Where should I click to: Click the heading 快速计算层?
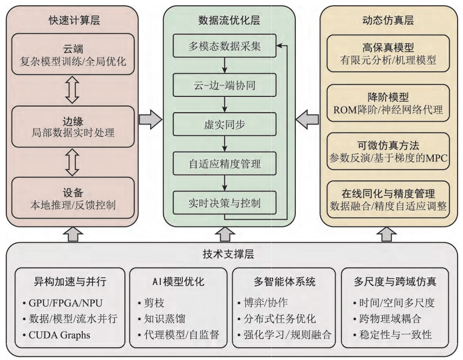[x=74, y=20]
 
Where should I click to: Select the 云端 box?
[x=73, y=54]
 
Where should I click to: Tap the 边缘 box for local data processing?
[x=73, y=126]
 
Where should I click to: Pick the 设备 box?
[x=73, y=198]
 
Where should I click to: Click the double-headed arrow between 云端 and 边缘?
[x=72, y=90]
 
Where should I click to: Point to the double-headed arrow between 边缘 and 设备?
[x=72, y=162]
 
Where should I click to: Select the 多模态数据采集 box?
[x=224, y=46]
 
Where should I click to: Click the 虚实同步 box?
[x=224, y=124]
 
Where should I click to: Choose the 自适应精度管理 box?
[x=224, y=164]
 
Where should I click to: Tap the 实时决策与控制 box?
[x=224, y=203]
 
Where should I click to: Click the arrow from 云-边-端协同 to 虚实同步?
[x=225, y=104]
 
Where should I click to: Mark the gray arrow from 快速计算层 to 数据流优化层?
[x=150, y=119]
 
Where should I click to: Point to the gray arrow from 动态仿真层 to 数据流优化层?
[x=307, y=119]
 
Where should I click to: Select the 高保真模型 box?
[x=388, y=54]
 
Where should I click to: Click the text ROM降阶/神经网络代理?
[x=388, y=110]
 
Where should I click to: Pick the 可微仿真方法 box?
[x=388, y=151]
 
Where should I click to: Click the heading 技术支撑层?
[x=228, y=254]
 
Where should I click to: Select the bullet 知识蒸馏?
[x=162, y=319]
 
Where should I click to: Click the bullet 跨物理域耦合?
[x=387, y=319]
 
